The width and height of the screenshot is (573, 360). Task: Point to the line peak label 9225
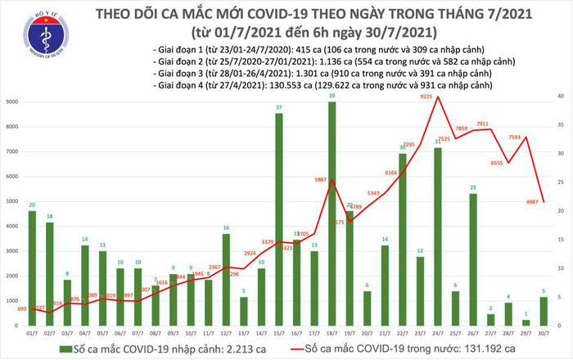pyautogui.click(x=426, y=97)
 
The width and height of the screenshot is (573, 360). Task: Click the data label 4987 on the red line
pyautogui.click(x=531, y=203)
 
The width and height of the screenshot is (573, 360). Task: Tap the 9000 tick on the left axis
pyautogui.click(x=11, y=102)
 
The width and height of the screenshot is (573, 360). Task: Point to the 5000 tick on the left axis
pyautogui.click(x=11, y=201)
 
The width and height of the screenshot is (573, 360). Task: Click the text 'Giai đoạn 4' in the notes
pyautogui.click(x=179, y=86)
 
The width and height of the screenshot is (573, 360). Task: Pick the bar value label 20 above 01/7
pyautogui.click(x=31, y=205)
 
